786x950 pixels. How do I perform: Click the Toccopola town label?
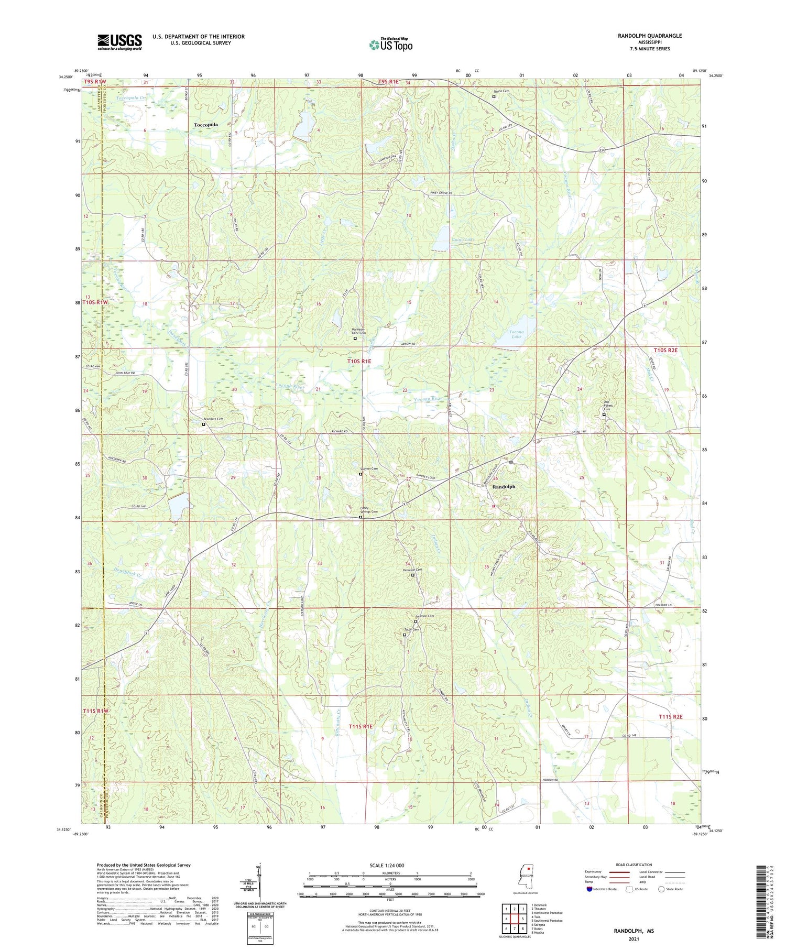coord(205,125)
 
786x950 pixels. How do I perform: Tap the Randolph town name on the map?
coord(504,487)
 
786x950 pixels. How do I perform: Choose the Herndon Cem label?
coord(412,570)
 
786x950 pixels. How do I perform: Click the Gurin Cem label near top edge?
coord(501,91)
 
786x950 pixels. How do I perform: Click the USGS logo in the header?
coord(119,42)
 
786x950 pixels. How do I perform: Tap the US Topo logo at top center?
coord(391,45)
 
